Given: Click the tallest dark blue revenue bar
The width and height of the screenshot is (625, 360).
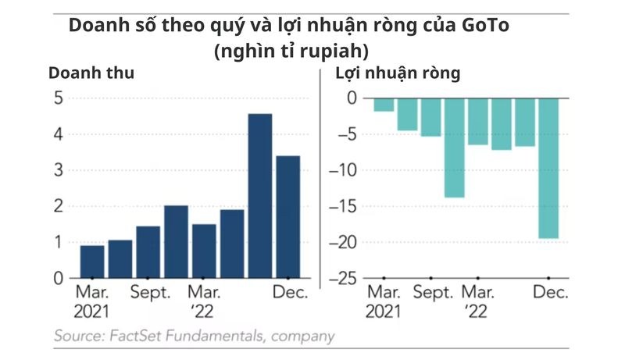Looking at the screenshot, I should pos(259,195).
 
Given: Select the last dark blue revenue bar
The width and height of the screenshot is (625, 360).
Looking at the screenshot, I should pos(287,216).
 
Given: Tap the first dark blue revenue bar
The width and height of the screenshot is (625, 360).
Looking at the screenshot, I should pos(92,262).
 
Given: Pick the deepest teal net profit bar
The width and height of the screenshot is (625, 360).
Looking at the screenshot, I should pos(548,168).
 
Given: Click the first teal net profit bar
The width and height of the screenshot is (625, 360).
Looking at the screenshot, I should pos(384,105).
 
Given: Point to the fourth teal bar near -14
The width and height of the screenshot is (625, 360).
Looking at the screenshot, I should pos(454,148).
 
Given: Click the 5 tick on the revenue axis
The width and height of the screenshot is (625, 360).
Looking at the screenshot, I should pos(58,98).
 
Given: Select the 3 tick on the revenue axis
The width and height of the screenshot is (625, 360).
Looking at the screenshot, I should pos(58,170).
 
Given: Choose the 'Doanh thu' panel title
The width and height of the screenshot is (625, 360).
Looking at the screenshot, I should pos(91,74).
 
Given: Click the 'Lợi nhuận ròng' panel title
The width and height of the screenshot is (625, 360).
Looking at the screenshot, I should pos(398,74).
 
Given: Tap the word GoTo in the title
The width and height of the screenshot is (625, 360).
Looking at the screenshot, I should pos(484,24).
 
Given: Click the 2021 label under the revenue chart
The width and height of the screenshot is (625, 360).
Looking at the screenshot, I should pos(92,312).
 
